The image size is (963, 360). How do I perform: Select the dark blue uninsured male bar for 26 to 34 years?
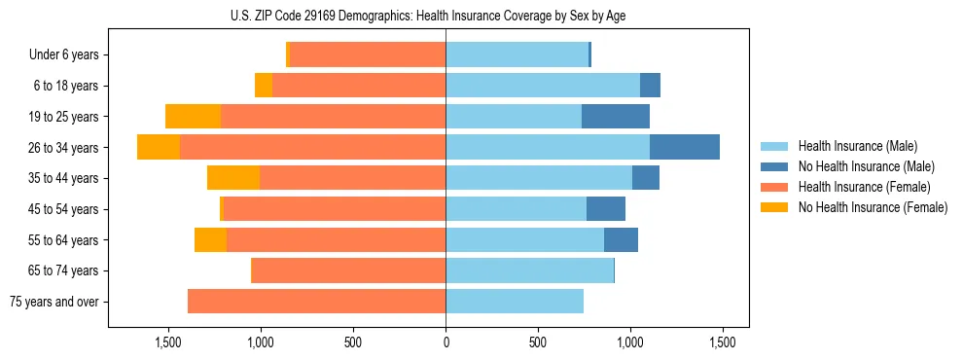(684, 147)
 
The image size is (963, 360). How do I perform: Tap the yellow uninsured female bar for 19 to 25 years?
(193, 116)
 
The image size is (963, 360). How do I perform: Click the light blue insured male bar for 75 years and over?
(515, 302)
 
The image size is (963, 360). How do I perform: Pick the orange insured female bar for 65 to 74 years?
(348, 270)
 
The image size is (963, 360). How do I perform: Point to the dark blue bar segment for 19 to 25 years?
(615, 116)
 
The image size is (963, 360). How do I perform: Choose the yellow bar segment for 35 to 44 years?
(233, 178)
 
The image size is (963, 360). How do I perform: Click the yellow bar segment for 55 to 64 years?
(210, 239)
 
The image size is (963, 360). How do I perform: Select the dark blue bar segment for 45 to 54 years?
(605, 208)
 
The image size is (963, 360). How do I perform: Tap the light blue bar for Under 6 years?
(517, 54)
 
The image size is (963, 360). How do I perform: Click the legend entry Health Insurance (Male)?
(857, 146)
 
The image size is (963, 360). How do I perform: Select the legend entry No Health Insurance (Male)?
(866, 166)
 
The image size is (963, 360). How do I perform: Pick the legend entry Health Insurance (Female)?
(864, 187)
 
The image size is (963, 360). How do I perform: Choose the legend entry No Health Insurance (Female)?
(873, 207)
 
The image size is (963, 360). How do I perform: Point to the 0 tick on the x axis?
(446, 342)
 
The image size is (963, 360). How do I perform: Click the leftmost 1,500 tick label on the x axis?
(168, 342)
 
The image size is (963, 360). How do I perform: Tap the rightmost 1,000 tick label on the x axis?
(630, 342)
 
